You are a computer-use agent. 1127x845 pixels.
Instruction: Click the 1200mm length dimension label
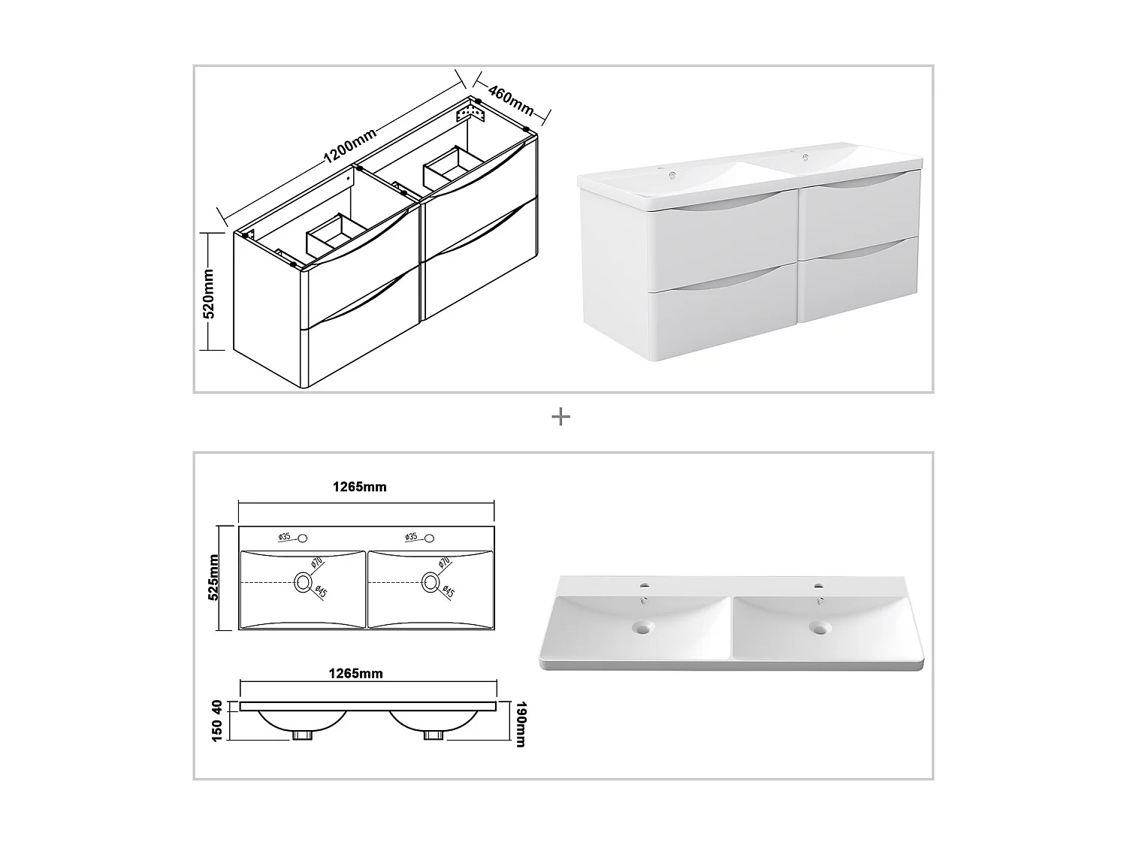point(350,145)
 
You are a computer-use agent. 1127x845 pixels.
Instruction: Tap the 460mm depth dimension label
point(511,100)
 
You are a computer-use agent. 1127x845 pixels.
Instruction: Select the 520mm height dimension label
point(209,294)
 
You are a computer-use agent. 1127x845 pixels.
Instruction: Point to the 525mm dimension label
point(213,577)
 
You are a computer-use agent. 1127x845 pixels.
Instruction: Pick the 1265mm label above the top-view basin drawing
point(359,487)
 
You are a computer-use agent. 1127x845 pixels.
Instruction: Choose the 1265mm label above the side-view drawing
point(356,674)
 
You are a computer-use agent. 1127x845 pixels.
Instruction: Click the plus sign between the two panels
point(560,417)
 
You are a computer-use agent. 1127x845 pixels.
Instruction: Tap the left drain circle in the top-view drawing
point(303,582)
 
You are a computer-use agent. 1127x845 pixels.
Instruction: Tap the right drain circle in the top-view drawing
point(431,582)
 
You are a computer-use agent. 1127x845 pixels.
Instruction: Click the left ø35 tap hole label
point(285,536)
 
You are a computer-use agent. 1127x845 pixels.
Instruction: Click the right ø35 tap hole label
point(411,536)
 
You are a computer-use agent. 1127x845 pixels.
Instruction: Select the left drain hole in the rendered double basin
point(642,627)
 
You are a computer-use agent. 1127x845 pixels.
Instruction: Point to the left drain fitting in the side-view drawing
point(303,735)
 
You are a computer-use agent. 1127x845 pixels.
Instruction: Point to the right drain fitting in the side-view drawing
point(434,735)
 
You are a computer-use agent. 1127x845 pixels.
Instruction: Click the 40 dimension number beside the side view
point(216,707)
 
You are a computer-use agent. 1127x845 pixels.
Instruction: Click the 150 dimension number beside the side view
point(216,730)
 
